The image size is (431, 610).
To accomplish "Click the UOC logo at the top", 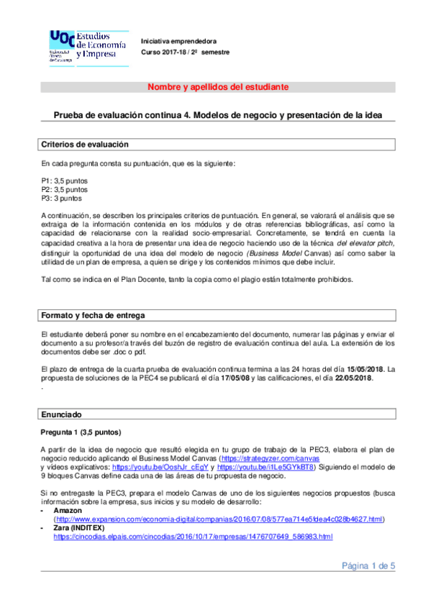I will click(x=86, y=45).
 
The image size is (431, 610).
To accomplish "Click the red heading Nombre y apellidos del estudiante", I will click(x=218, y=87).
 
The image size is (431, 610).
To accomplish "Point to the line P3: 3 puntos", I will click(x=61, y=198).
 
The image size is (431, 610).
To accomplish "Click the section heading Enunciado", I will click(x=61, y=415).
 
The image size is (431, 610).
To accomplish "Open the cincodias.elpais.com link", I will click(x=193, y=537).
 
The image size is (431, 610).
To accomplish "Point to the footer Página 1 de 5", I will click(x=368, y=566).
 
